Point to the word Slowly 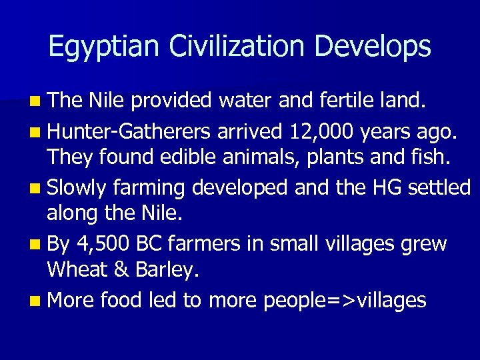coord(76,188)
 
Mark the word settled coord(441,188)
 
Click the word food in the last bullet coord(120,301)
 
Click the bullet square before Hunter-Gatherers coord(33,133)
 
